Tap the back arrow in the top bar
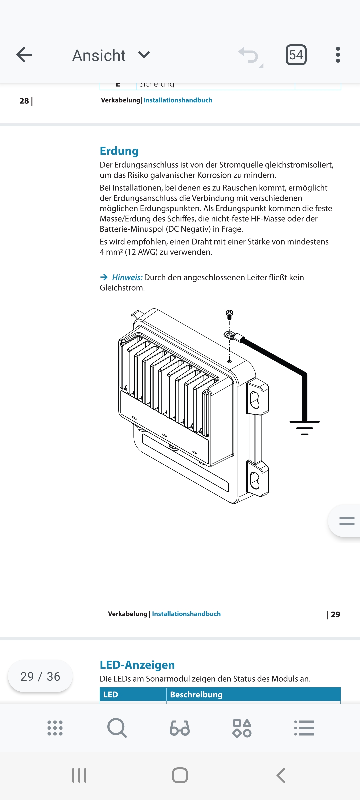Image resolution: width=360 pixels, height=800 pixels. pyautogui.click(x=24, y=55)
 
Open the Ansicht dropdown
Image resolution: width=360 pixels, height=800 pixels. pyautogui.click(x=111, y=55)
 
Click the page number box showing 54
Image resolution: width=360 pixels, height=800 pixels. pyautogui.click(x=296, y=55)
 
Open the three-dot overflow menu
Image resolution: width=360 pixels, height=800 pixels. pyautogui.click(x=338, y=55)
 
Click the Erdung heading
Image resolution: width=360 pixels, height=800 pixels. pyautogui.click(x=119, y=151)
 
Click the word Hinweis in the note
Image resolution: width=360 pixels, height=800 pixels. pyautogui.click(x=127, y=277)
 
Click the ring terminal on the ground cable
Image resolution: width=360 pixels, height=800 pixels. pyautogui.click(x=229, y=335)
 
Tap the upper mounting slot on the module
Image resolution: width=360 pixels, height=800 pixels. pyautogui.click(x=255, y=399)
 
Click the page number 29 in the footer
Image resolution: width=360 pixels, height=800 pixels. pyautogui.click(x=335, y=614)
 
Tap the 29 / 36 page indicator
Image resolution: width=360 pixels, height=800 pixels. pyautogui.click(x=40, y=676)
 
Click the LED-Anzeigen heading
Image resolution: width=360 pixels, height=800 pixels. pyautogui.click(x=137, y=665)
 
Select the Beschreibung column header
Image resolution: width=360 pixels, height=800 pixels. pyautogui.click(x=196, y=695)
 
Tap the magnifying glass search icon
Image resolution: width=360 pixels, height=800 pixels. pyautogui.click(x=117, y=728)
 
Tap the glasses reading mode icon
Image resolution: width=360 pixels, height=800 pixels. pyautogui.click(x=180, y=728)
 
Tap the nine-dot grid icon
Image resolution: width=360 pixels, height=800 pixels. pyautogui.click(x=55, y=728)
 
